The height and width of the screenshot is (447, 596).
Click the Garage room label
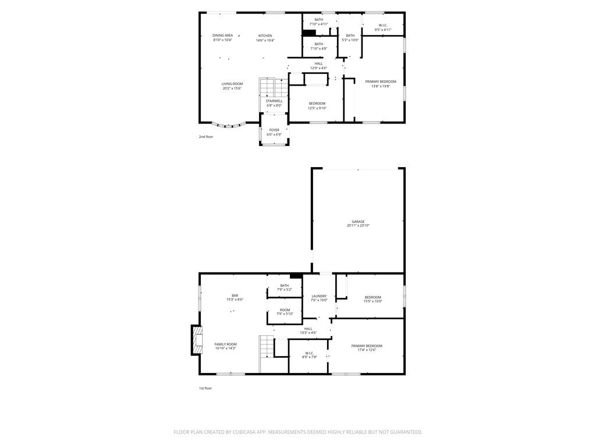pyautogui.click(x=358, y=221)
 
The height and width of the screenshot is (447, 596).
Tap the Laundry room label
pyautogui.click(x=319, y=296)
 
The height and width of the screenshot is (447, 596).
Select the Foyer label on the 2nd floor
pyautogui.click(x=274, y=130)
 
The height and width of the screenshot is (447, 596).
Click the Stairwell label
pyautogui.click(x=274, y=101)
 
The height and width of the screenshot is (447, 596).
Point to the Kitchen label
pyautogui.click(x=265, y=36)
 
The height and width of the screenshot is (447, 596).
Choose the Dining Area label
pyautogui.click(x=222, y=36)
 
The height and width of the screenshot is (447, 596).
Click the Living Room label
pyautogui.click(x=232, y=84)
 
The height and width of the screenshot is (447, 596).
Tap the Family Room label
pyautogui.click(x=225, y=344)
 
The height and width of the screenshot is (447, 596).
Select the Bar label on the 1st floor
pyautogui.click(x=235, y=296)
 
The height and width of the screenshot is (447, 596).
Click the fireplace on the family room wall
pyautogui.click(x=197, y=340)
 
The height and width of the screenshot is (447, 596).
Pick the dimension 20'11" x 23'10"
pyautogui.click(x=358, y=225)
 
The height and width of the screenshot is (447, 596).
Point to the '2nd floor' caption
pyautogui.click(x=206, y=137)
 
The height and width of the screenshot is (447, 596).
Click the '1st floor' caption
pyautogui.click(x=205, y=388)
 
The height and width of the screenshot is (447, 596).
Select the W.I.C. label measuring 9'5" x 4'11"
pyautogui.click(x=383, y=25)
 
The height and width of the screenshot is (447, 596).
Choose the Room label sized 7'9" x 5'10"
pyautogui.click(x=284, y=310)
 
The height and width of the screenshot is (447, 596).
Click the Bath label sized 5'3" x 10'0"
pyautogui.click(x=350, y=36)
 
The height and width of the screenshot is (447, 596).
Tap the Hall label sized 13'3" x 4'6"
pyautogui.click(x=308, y=329)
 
